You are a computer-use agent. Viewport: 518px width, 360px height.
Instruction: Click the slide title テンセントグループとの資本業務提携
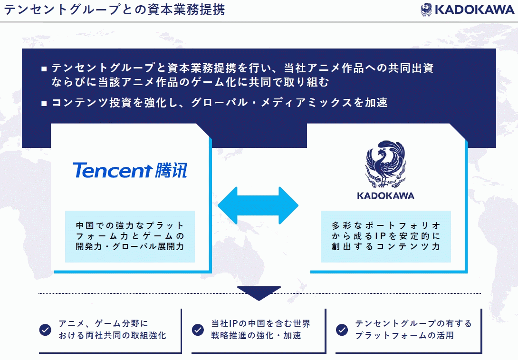pos(115,10)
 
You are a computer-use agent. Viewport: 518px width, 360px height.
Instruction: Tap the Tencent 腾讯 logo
pos(130,170)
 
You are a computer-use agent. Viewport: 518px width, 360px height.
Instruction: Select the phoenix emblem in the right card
pos(385,164)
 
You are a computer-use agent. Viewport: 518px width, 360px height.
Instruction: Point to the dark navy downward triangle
pos(259,293)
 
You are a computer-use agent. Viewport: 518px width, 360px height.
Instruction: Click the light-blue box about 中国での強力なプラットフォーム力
pos(130,236)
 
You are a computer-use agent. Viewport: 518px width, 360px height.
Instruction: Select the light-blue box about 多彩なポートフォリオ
pos(385,236)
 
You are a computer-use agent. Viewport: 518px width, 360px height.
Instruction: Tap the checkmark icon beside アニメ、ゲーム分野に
pos(45,330)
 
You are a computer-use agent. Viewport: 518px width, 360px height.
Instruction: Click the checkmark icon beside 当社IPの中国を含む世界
pos(198,330)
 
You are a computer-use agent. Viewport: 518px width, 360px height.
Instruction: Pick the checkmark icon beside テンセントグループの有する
pos(342,330)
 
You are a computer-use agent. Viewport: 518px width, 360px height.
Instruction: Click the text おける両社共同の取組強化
pos(112,336)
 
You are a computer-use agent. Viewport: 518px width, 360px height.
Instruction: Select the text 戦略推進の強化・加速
pos(256,336)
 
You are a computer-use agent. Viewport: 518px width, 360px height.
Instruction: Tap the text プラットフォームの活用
pos(404,336)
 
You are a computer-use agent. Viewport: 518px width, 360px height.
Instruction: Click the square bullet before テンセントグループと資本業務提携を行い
pos(44,69)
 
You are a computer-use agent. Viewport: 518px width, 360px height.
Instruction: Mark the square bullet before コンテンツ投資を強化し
pos(44,103)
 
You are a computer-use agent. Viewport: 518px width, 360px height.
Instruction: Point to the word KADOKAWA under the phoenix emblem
pos(385,196)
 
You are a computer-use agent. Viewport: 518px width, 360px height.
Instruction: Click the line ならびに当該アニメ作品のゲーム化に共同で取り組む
pos(190,82)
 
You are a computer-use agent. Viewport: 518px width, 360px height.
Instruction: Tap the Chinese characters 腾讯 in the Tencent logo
pos(171,170)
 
